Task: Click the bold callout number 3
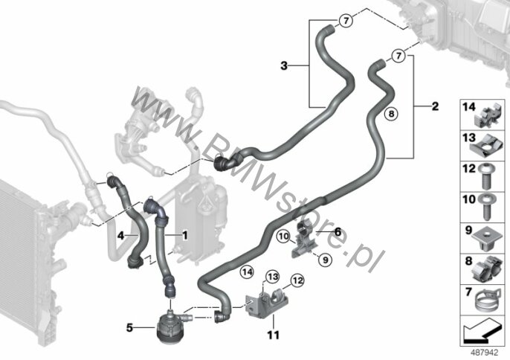click(284, 65)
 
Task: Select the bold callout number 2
click(435, 106)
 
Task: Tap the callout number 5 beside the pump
click(129, 328)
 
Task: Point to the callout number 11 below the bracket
click(274, 335)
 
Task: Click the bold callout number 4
click(120, 235)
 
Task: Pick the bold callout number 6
click(338, 232)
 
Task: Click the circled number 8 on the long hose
click(391, 114)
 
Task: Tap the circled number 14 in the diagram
click(247, 271)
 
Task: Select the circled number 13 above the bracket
click(272, 277)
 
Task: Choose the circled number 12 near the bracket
click(297, 280)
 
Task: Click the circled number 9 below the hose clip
click(326, 260)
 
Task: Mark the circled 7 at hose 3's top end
click(346, 21)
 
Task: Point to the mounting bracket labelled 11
click(265, 303)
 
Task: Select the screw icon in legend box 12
click(487, 177)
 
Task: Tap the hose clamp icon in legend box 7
click(484, 301)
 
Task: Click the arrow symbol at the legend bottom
click(482, 330)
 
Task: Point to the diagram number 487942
click(485, 352)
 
